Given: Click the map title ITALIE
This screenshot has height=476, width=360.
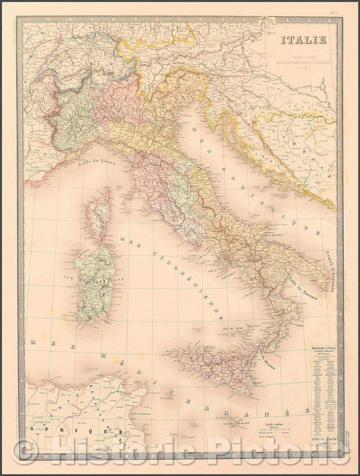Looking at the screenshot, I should point(309,39).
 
